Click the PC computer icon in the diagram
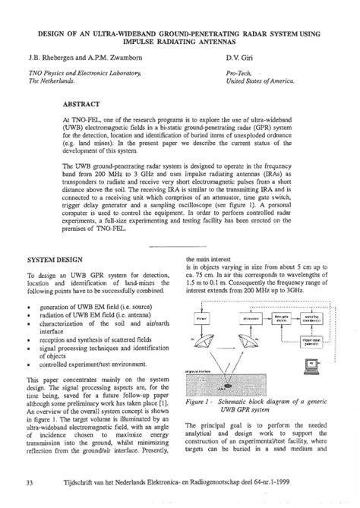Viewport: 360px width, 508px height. [x=312, y=366]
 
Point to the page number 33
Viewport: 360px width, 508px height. [x=30, y=483]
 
